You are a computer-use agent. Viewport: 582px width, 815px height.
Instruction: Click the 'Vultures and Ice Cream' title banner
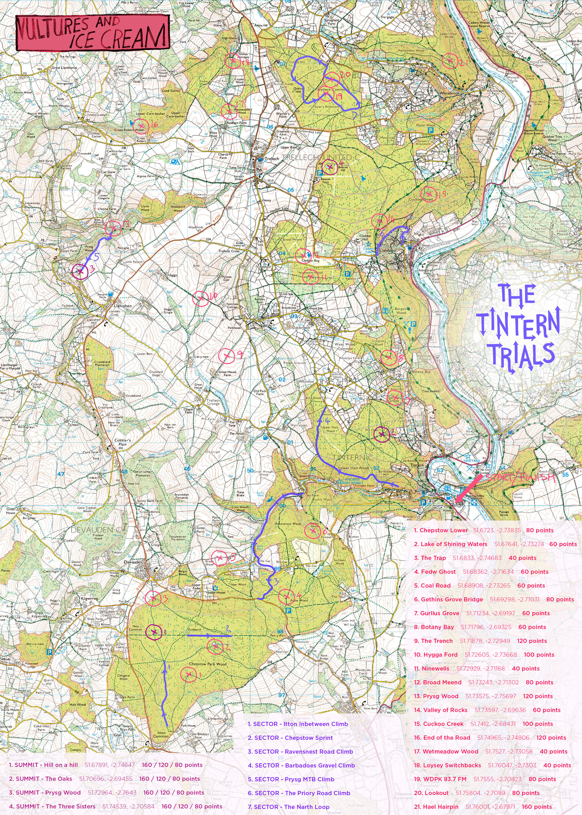[92, 33]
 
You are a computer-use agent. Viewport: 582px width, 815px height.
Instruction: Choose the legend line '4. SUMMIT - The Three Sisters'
[52, 807]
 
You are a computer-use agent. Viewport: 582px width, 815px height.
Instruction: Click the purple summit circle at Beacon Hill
[330, 167]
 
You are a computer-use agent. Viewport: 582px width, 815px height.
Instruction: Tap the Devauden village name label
[133, 562]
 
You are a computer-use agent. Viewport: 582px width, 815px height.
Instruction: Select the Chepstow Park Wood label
[207, 664]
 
